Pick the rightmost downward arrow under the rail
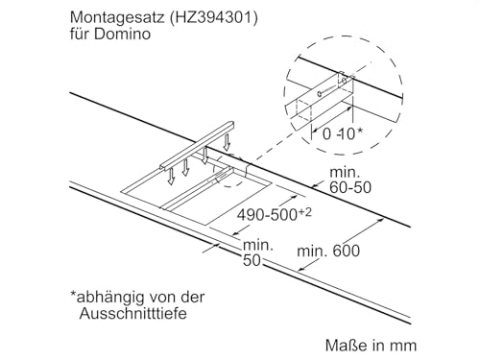coord(228,141)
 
